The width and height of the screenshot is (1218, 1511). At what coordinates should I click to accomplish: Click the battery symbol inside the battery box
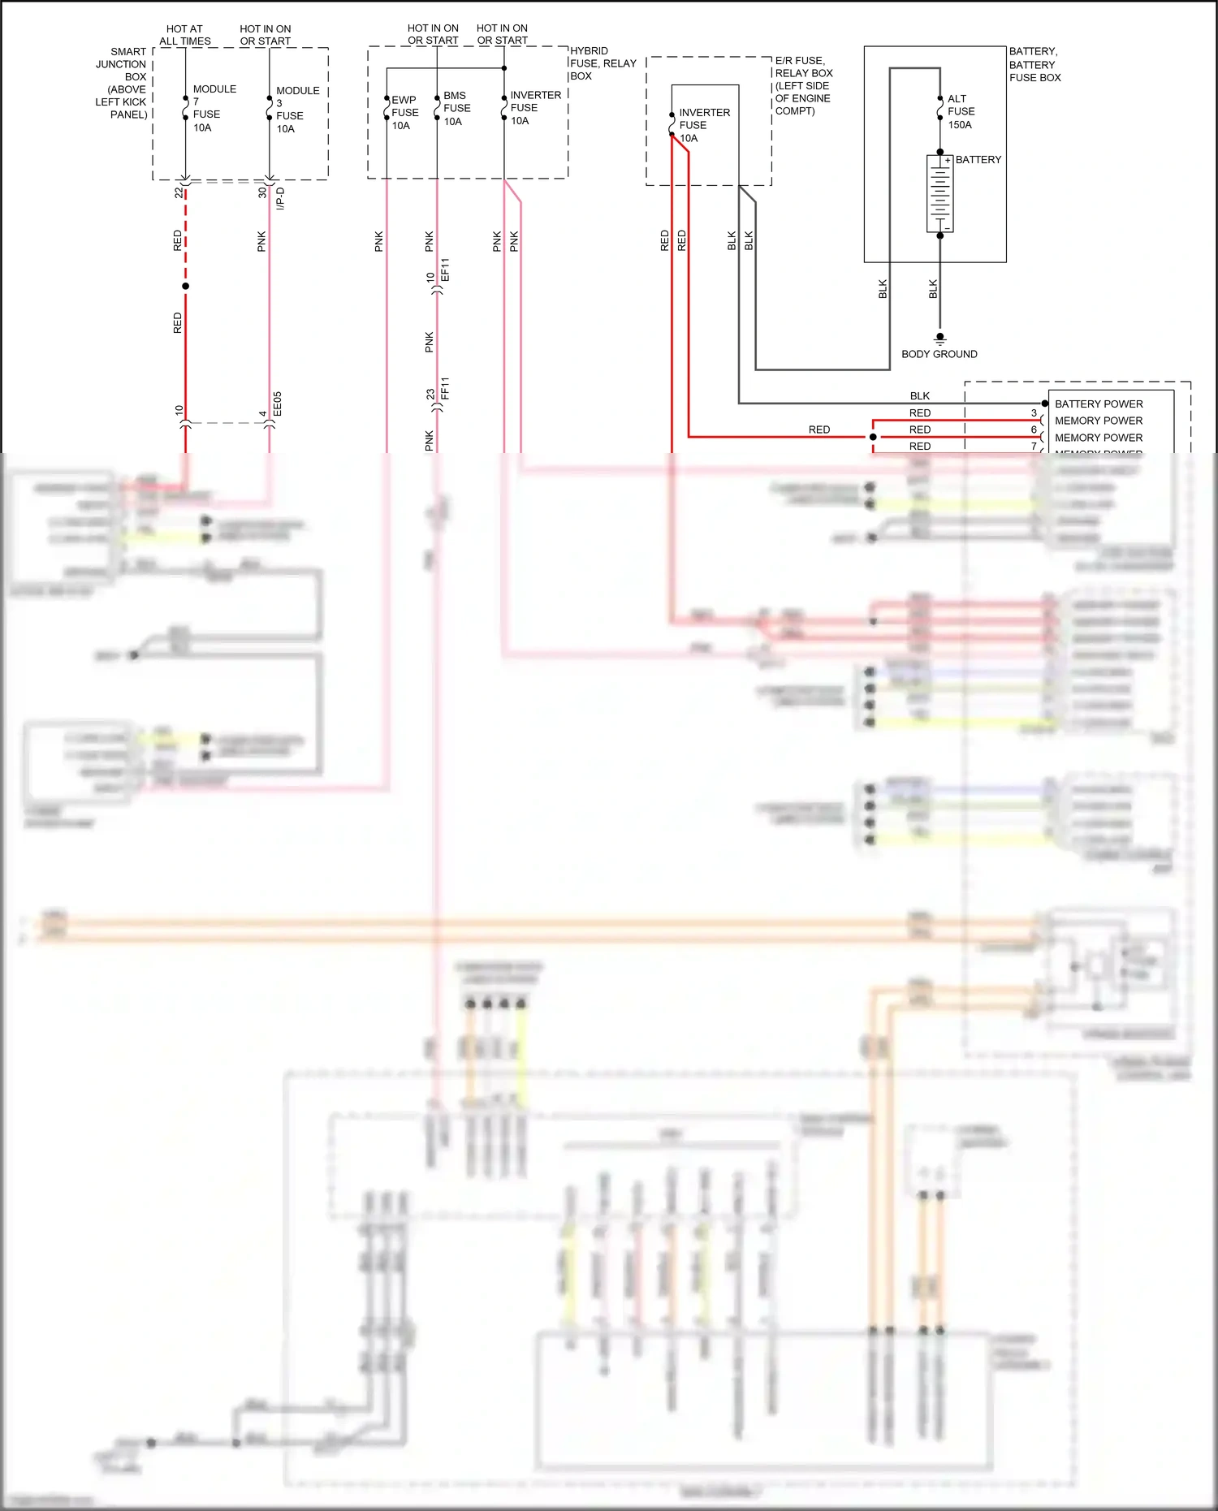(x=939, y=194)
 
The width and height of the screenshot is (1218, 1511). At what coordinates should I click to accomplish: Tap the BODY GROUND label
(x=939, y=354)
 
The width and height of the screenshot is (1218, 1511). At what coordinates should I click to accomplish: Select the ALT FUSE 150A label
(x=961, y=112)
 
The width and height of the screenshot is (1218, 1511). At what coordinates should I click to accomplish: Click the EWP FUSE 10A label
(x=404, y=113)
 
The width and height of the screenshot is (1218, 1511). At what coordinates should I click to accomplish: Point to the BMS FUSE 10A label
(x=456, y=108)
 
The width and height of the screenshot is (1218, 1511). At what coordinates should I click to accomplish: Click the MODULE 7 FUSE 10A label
(x=213, y=108)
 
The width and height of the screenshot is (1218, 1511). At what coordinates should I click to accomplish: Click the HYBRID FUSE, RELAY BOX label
(x=602, y=63)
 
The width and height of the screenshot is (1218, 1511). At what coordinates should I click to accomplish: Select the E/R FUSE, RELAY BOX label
(x=802, y=85)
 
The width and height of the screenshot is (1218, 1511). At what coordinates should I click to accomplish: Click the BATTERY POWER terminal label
(x=1098, y=404)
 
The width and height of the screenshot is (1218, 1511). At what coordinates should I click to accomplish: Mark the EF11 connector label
(x=445, y=270)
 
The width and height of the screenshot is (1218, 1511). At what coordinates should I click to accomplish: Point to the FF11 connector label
(x=445, y=388)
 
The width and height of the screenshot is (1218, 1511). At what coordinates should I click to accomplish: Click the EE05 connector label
(x=278, y=404)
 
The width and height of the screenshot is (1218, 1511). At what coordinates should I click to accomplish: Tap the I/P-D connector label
(x=281, y=198)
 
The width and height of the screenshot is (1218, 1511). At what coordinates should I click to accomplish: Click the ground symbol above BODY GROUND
(x=939, y=338)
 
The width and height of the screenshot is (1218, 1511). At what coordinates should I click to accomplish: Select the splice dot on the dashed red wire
(x=185, y=286)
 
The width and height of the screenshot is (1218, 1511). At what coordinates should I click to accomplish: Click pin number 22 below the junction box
(x=179, y=192)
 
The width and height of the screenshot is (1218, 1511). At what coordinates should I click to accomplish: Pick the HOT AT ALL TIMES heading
(x=185, y=35)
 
